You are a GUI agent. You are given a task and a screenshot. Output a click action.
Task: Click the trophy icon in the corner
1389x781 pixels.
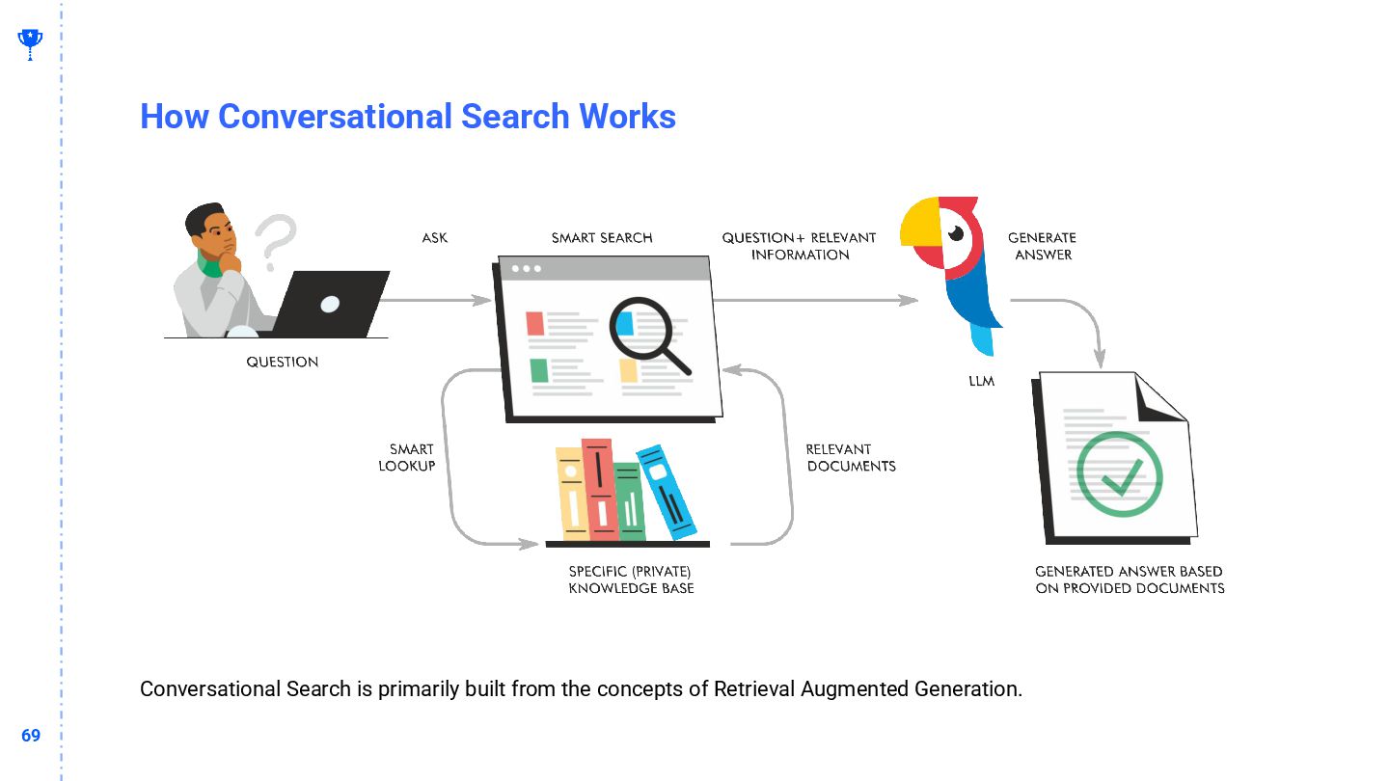30,41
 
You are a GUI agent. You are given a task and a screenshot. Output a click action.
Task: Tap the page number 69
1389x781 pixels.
31,736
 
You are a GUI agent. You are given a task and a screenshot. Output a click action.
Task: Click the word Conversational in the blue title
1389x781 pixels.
334,117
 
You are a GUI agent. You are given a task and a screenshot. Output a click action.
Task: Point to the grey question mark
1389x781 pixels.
276,241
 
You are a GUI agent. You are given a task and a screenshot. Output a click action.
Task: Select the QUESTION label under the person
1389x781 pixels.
282,363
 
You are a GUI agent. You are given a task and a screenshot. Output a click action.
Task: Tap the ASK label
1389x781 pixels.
435,238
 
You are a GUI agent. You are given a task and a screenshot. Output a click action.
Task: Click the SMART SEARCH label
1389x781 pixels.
602,238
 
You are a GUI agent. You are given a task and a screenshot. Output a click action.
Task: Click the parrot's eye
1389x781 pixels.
956,233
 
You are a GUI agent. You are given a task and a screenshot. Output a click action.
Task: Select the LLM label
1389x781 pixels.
981,381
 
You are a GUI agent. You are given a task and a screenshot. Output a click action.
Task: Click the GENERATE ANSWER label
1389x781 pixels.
1043,246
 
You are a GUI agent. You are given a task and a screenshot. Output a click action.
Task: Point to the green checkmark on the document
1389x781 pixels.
1119,475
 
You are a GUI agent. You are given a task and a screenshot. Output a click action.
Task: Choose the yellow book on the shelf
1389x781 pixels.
571,494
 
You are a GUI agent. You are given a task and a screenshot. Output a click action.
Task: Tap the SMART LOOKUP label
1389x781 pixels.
407,457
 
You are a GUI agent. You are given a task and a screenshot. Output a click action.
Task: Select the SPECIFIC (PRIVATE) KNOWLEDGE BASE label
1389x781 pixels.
631,579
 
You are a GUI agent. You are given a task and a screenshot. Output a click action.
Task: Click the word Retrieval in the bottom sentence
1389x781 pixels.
753,689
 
